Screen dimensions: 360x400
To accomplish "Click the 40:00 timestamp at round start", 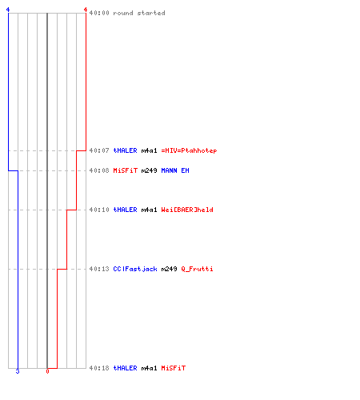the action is coord(99,13).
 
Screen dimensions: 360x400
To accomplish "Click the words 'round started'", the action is coord(139,13).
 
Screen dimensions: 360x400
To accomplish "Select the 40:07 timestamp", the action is coord(99,150).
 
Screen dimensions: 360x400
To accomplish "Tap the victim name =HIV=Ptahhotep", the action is coord(189,150).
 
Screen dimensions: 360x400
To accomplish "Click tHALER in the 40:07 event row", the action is coord(125,150).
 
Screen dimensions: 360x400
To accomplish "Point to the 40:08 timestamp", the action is coord(99,170).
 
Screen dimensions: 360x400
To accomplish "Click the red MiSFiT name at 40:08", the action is coord(126,170).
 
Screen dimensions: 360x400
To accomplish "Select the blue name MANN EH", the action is coord(175,170).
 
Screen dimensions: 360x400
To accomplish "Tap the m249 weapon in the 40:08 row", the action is coord(149,170).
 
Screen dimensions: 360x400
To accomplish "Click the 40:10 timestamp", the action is coord(99,210).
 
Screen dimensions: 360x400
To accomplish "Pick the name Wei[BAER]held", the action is coord(187,210).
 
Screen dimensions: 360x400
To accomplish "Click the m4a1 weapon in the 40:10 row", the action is coord(149,210).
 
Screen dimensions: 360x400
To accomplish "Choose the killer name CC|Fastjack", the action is coord(135,269).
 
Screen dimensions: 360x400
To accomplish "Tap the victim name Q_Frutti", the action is coord(197,269).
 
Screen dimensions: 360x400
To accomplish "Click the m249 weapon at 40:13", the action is coord(169,269).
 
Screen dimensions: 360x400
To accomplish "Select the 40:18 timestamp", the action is coord(99,368).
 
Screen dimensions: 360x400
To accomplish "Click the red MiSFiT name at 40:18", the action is coord(174,368).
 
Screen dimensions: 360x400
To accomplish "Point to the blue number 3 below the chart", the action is coord(18,371).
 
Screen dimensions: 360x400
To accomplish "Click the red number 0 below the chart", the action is coord(47,371).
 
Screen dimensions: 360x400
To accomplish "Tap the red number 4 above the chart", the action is coord(86,10).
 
